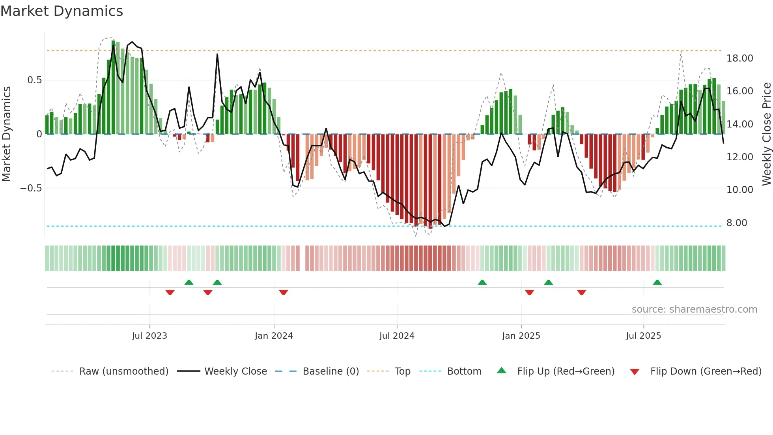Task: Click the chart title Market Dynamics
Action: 62,11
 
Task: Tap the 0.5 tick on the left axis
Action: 34,80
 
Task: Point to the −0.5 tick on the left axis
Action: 31,188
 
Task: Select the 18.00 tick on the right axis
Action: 739,58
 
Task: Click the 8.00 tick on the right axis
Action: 736,223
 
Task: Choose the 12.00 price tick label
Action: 739,157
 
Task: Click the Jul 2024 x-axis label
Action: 397,336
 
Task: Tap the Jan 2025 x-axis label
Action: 521,336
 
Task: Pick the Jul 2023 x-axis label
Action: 149,336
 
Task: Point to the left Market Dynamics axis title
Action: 6,134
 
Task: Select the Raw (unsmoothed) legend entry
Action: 123,371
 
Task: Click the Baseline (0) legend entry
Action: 330,371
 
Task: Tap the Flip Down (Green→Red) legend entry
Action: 706,371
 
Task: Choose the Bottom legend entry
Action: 464,371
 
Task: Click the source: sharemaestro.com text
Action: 694,309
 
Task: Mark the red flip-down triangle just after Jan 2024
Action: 284,292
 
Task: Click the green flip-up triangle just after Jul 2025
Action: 657,282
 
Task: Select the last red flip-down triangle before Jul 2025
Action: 581,292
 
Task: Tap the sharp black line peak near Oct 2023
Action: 217,54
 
